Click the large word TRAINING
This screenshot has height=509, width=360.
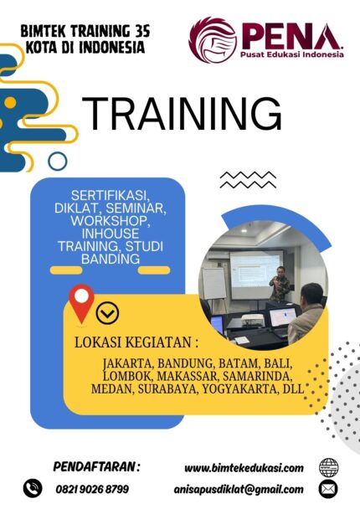182,114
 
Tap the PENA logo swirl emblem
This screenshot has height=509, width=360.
213,39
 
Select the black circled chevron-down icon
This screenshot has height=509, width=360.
107,313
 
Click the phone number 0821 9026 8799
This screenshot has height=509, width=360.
92,489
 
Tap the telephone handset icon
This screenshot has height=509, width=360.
33,488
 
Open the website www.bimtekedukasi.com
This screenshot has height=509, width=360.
244,468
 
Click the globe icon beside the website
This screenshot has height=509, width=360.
328,468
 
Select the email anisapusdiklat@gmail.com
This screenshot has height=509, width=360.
239,489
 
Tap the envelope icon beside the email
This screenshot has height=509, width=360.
328,489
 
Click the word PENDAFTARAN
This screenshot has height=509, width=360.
94,467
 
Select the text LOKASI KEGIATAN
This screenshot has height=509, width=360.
133,342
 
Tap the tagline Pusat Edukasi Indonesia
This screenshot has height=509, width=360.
292,54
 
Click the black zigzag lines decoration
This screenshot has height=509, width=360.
248,180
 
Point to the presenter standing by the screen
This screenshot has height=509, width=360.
280,284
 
